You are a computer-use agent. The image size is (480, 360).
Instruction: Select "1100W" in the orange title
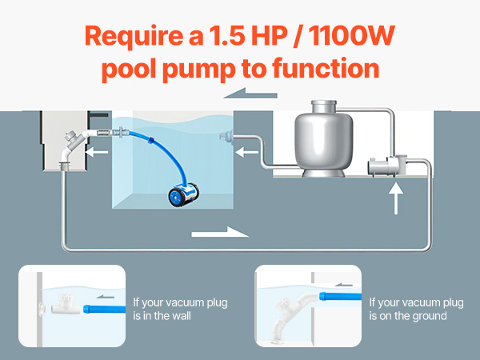coord(352,36)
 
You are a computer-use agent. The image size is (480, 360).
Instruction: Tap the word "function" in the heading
coord(326,69)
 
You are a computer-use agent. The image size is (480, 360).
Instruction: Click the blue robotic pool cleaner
coord(184,194)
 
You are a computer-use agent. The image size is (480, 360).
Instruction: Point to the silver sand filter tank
coord(323,138)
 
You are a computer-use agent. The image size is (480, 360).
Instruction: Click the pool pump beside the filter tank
coord(387,166)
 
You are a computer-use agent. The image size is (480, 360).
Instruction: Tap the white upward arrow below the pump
coord(396,198)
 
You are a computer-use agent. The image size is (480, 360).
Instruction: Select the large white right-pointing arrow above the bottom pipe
coord(220,232)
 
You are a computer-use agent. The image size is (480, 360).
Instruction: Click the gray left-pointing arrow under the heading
coord(250,93)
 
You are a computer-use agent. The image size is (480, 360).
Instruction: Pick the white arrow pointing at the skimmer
coord(97,152)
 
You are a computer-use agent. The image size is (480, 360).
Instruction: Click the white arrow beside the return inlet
coord(246,152)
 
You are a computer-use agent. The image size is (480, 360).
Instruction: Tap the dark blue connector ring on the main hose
coord(150,140)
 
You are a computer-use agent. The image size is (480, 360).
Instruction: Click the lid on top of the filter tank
coord(323,103)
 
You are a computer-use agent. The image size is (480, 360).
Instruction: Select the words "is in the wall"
coord(162,316)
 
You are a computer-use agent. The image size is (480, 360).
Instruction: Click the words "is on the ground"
coord(408,316)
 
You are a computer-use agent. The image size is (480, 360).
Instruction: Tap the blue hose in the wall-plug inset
coord(104,309)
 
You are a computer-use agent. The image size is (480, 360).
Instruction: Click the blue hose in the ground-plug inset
coord(340,296)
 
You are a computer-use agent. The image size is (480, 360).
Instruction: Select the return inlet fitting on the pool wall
coord(226,137)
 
